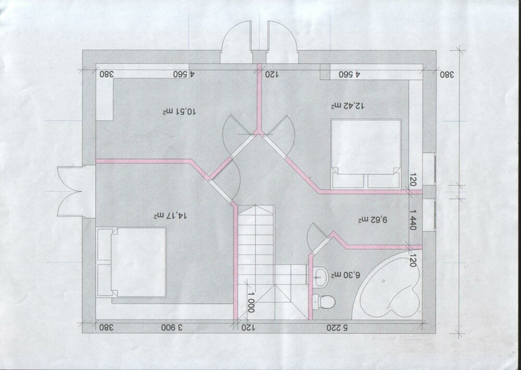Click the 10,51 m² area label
click(x=179, y=112)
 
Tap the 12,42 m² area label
click(x=348, y=106)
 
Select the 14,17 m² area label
click(x=170, y=216)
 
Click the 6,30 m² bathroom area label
click(x=345, y=275)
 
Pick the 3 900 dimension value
click(x=172, y=327)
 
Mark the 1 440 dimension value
click(x=413, y=220)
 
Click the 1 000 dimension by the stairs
click(x=252, y=302)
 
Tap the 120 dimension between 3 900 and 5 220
click(x=248, y=327)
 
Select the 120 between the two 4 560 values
click(x=271, y=75)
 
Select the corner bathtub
click(x=388, y=285)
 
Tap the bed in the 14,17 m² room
click(x=131, y=262)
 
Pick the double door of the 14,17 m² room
click(x=70, y=191)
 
